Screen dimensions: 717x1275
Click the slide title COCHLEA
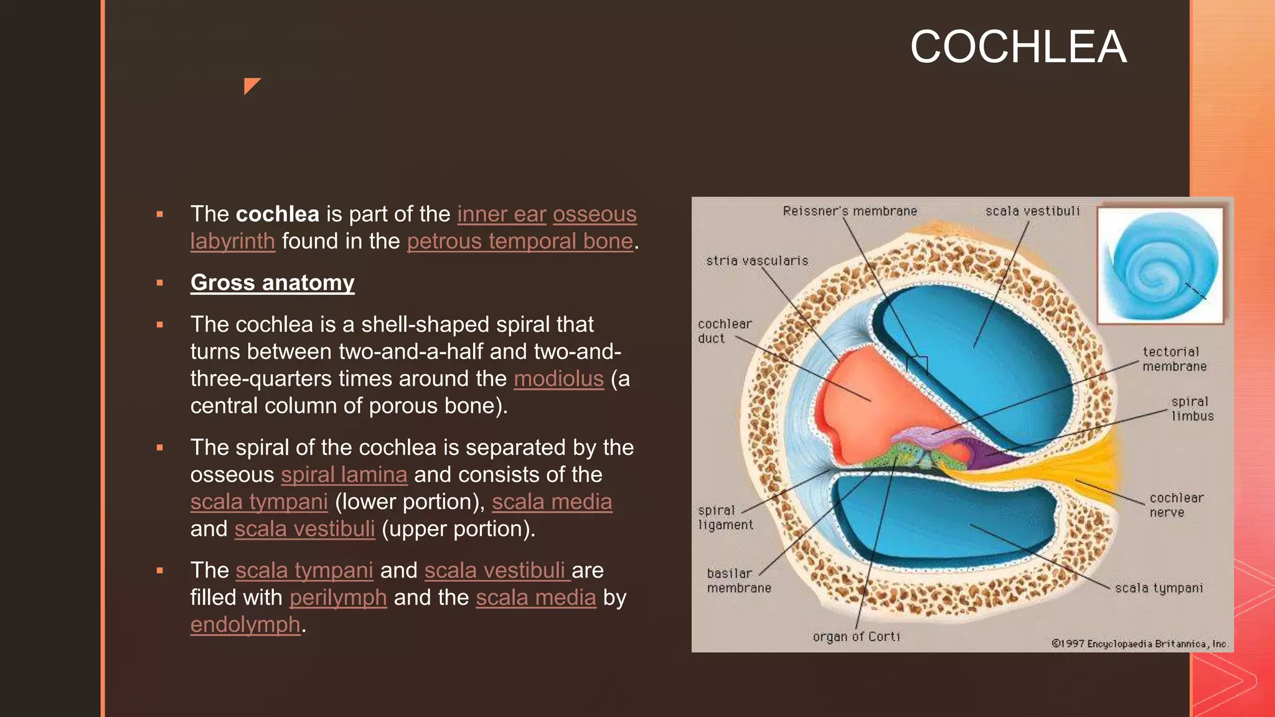(1018, 47)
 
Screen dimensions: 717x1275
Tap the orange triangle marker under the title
(251, 85)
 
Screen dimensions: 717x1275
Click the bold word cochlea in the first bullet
(278, 214)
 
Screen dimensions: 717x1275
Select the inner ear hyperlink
(501, 214)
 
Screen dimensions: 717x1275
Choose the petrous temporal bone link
(520, 241)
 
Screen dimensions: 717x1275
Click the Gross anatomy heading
(272, 283)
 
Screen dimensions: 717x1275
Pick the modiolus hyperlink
(558, 379)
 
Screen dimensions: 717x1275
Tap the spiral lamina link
(344, 475)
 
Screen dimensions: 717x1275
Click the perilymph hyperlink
(338, 597)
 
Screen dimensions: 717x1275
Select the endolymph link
(245, 625)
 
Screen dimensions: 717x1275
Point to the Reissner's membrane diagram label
(850, 212)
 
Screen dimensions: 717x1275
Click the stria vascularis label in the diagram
(757, 261)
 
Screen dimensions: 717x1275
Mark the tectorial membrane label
(1174, 359)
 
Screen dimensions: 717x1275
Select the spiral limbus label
(1192, 409)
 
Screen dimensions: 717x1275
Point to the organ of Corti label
(856, 637)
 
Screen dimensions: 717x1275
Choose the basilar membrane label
(738, 581)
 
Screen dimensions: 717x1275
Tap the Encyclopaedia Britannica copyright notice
(1139, 644)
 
